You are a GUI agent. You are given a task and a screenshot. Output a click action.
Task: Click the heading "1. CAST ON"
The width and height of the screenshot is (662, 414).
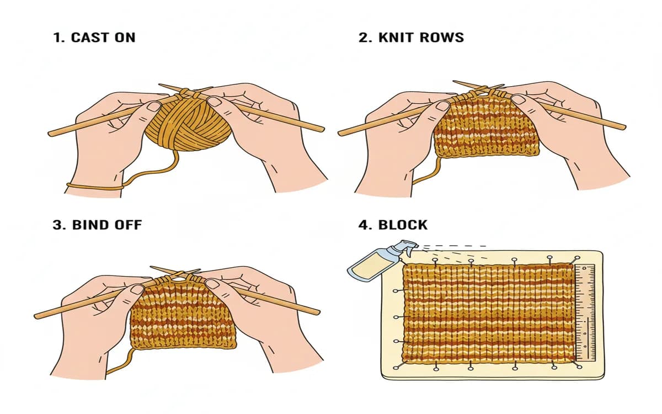tap(94, 38)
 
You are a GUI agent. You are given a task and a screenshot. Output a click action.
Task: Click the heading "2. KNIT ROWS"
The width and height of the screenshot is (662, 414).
tap(411, 38)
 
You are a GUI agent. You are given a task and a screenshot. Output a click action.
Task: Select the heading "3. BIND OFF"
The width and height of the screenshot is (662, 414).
tap(98, 225)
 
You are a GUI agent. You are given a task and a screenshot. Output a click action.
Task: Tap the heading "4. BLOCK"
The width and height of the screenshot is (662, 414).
tap(393, 225)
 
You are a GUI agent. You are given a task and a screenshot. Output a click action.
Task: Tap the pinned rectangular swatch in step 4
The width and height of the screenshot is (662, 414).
tap(488, 312)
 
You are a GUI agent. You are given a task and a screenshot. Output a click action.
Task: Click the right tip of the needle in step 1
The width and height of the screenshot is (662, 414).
tap(322, 129)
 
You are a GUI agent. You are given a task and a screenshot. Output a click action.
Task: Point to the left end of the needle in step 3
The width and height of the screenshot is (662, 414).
tap(37, 315)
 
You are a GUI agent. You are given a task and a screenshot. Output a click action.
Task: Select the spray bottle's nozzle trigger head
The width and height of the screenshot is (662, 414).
tap(408, 246)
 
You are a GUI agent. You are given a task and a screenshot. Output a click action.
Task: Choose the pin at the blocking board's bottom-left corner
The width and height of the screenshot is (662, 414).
tap(397, 367)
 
